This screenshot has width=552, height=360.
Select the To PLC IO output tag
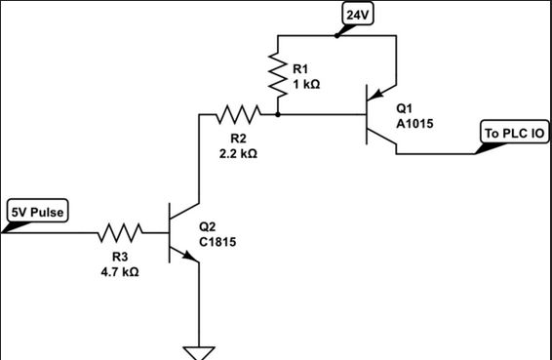514,133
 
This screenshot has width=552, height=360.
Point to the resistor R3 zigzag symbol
120,233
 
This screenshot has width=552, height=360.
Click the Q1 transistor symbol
375,115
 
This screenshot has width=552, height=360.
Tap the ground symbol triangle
200,352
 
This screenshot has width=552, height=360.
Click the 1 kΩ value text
306,84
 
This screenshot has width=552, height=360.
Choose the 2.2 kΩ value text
238,154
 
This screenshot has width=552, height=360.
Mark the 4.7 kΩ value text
120,272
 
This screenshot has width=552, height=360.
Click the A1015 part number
415,125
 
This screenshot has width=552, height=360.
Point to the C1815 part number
217,242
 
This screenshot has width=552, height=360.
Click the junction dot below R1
278,115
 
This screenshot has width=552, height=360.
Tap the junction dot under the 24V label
336,36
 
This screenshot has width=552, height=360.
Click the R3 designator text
120,258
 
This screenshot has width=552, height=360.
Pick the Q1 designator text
405,110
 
